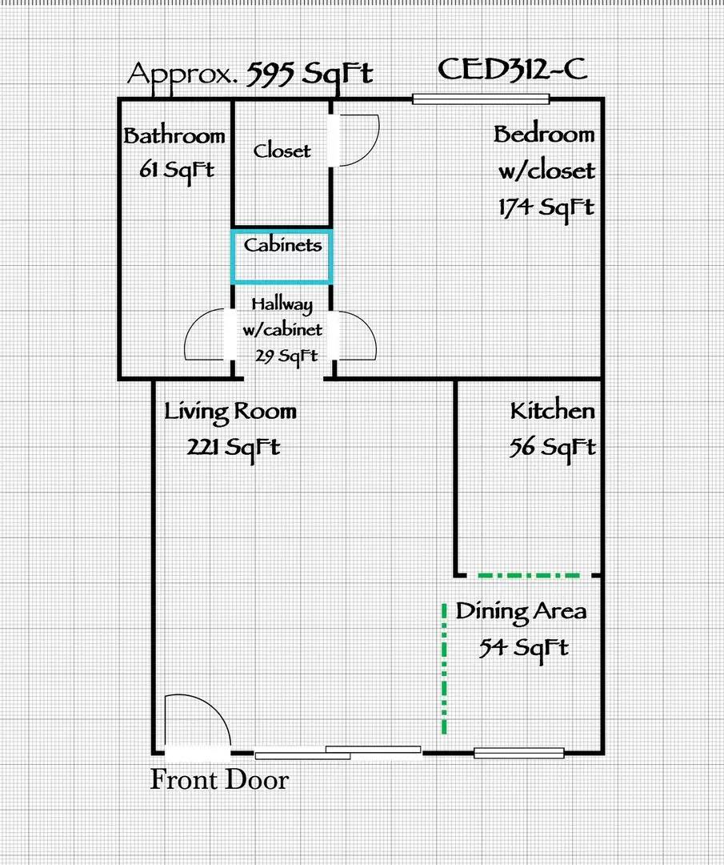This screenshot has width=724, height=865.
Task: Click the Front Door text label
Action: coord(219,780)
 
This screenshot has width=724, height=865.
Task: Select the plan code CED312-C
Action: coord(513,70)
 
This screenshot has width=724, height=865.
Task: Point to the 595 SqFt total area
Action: coord(310,73)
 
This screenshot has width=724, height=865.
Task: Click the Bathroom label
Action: coord(174,135)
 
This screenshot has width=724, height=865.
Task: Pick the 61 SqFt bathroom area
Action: coord(176,169)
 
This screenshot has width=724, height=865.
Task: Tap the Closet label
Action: coord(282,151)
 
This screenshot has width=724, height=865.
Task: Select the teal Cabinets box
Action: coord(282,256)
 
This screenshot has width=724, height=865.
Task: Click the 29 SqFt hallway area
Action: coord(286,356)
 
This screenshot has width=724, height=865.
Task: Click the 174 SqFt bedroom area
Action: coord(546,207)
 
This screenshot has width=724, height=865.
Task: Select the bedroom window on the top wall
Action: coord(481,99)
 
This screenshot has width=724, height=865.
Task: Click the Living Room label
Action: coord(230,412)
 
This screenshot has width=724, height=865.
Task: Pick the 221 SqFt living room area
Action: coord(233,446)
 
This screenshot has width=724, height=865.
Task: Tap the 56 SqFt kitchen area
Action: coord(552,447)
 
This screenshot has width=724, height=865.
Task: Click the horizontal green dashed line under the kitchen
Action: coord(529,575)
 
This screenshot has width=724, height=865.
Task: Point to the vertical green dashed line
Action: coord(445,669)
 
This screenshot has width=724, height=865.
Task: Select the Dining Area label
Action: coord(521,611)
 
